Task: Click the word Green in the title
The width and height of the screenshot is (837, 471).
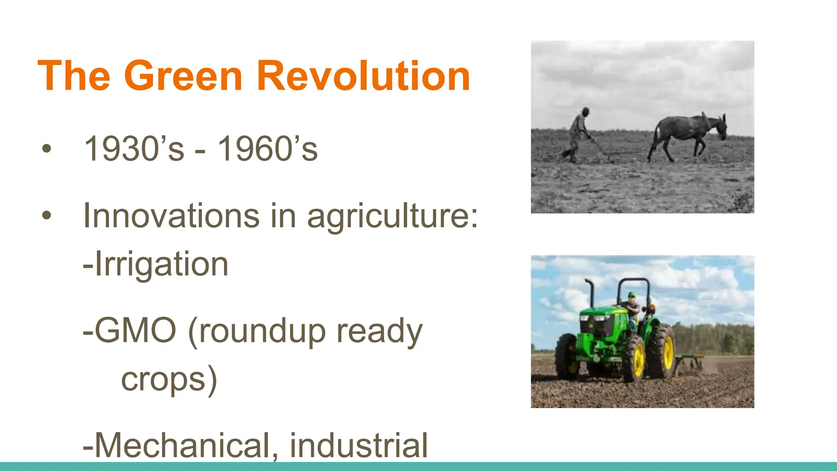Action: tap(184, 76)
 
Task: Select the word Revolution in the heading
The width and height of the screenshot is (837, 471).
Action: tap(363, 76)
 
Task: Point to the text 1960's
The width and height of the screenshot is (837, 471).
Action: tap(268, 149)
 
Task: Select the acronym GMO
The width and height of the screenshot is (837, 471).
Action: tap(130, 330)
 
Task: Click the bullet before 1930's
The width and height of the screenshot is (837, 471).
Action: tap(47, 149)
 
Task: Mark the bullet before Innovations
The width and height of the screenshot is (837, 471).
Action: tap(47, 215)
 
